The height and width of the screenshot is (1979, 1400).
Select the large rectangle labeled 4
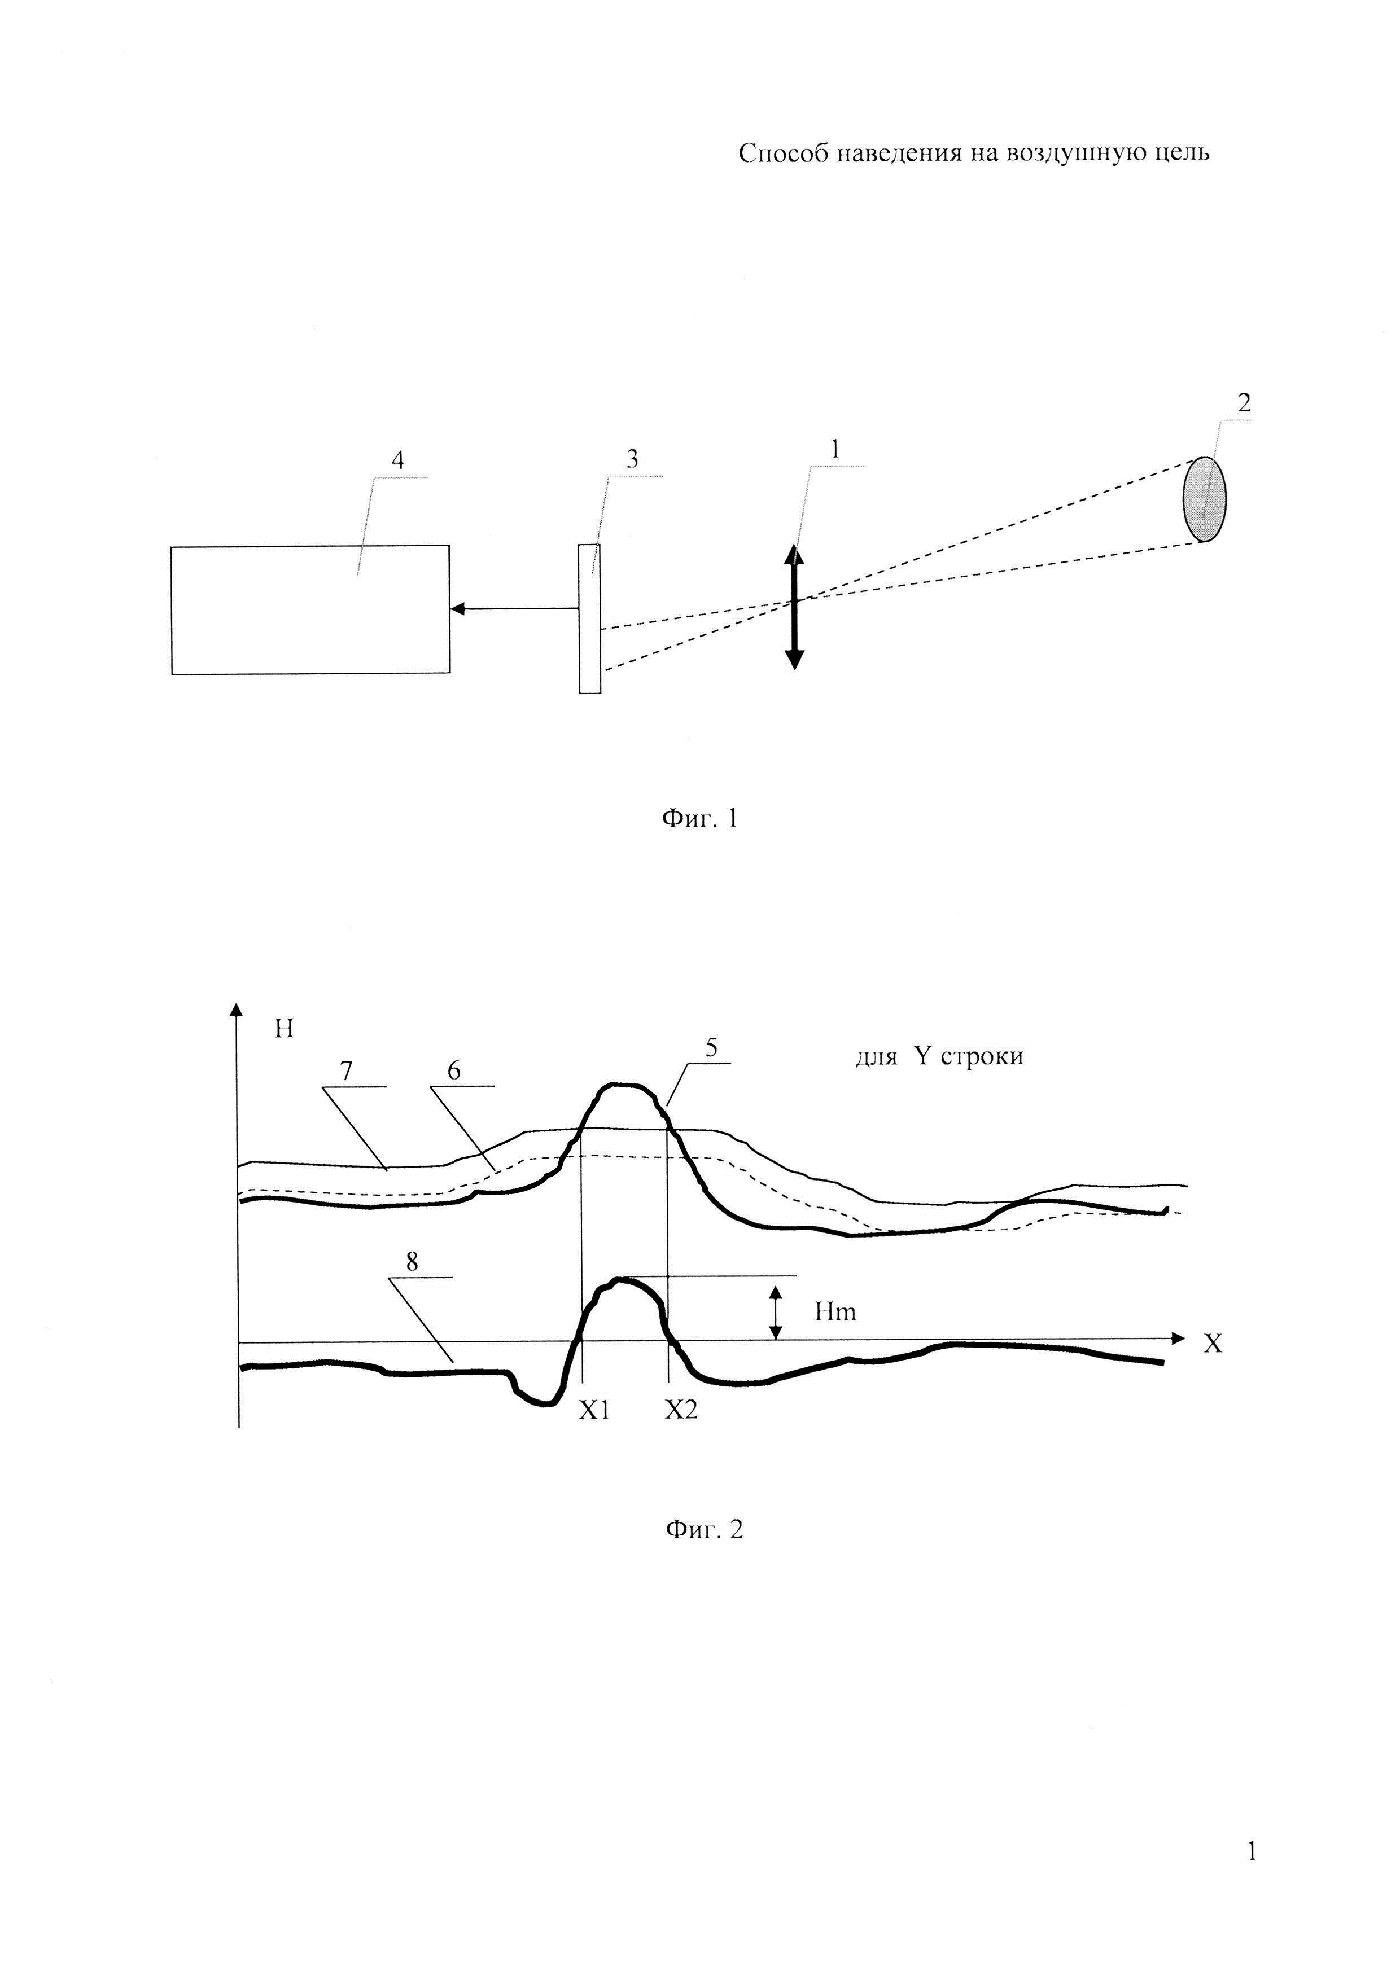(310, 609)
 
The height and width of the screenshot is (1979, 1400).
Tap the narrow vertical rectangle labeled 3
(590, 618)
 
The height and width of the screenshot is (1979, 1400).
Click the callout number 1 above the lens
(834, 448)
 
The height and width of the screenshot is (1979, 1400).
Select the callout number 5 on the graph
(712, 1047)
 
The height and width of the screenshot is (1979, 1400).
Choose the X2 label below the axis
(681, 1410)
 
